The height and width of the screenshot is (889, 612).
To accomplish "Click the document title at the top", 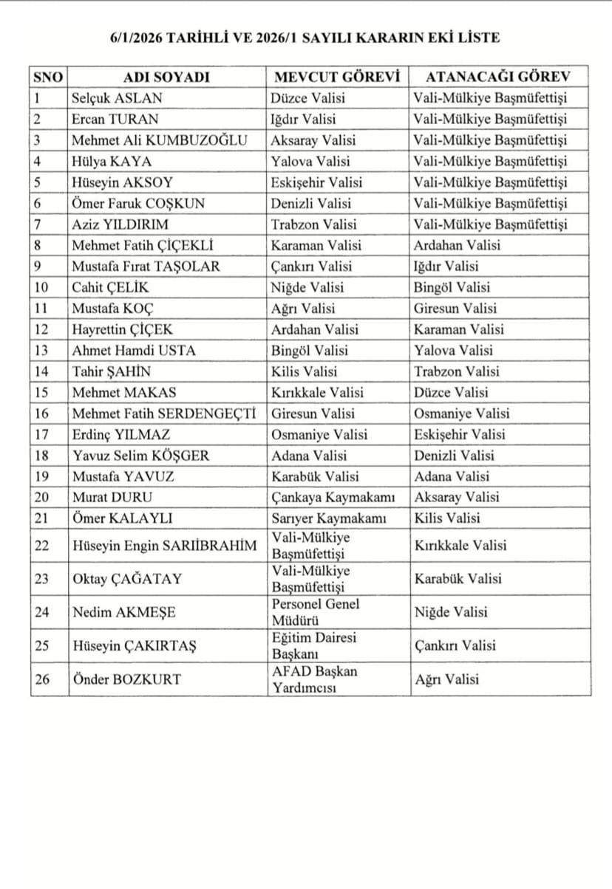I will tap(305, 38).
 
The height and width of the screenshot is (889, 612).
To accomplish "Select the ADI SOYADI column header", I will tap(167, 77).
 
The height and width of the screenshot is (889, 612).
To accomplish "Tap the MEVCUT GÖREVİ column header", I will tap(336, 77).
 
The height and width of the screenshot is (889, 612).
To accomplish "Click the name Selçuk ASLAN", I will tap(117, 98).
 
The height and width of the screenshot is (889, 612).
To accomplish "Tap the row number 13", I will tap(43, 351).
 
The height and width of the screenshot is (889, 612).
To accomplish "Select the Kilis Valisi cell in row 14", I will tap(304, 372).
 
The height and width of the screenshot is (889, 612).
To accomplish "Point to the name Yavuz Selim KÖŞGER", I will tap(140, 456).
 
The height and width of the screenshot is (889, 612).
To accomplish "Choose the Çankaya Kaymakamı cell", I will tap(330, 498).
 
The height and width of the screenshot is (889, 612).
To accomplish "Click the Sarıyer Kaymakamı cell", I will tap(329, 518).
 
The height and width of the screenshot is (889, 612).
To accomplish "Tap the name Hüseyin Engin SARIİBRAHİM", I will tap(165, 546).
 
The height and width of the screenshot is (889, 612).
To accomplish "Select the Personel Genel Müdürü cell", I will tap(316, 612).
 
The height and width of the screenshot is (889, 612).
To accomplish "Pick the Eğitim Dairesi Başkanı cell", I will tap(314, 645).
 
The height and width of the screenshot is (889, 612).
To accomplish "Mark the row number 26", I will tap(43, 679).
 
